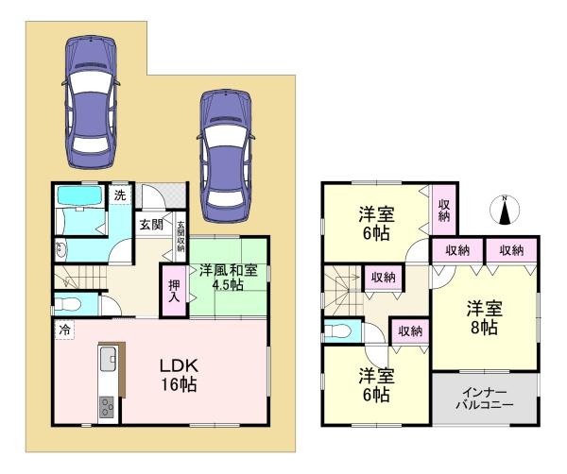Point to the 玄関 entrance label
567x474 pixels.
tap(151, 225)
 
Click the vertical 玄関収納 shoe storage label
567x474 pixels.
tap(180, 238)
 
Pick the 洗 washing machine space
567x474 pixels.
tap(120, 195)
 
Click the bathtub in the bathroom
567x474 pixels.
tap(83, 198)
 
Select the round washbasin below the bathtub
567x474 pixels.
tap(61, 250)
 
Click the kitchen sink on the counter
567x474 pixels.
tap(107, 360)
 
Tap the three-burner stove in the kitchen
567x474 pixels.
tap(106, 407)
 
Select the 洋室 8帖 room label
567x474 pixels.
tap(481, 317)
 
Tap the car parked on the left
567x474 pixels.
tap(90, 99)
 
